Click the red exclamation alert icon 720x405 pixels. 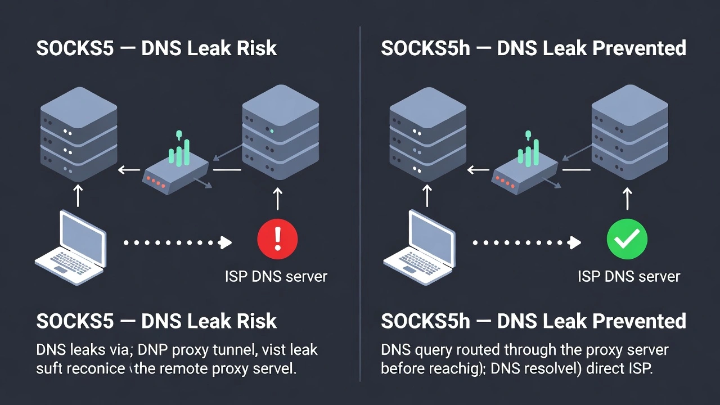tap(277, 239)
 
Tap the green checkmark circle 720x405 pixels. tap(627, 240)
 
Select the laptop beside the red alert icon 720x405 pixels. tap(71, 247)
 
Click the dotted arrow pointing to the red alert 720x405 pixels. tap(177, 242)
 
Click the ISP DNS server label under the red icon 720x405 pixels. tap(276, 276)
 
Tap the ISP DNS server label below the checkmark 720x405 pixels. tap(628, 276)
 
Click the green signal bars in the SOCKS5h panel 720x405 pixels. tap(528, 151)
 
